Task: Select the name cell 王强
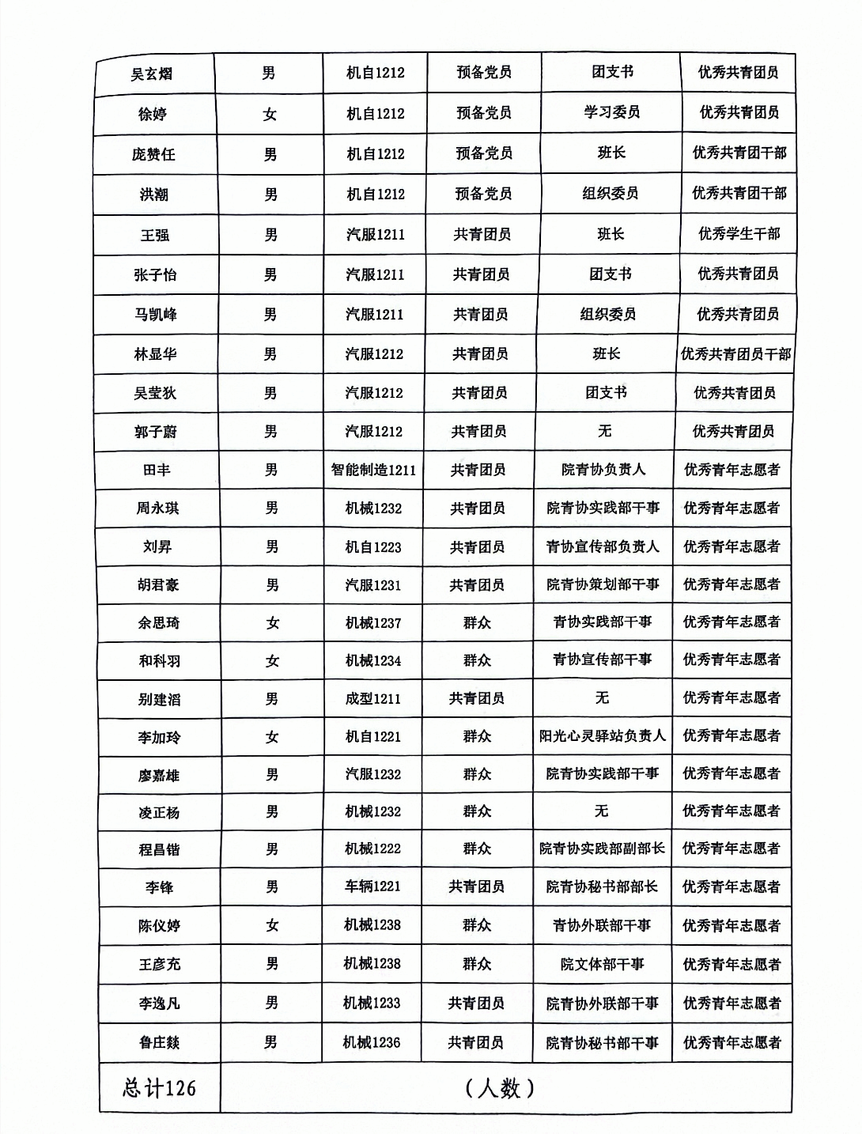coord(155,235)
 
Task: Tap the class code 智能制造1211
coord(373,470)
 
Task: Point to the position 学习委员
coord(611,112)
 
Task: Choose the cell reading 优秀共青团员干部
coord(735,354)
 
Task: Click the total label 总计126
coord(159,1088)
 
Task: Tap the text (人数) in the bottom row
coord(501,1088)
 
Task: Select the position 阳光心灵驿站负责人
coord(603,736)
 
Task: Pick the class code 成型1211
coord(373,699)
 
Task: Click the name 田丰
coord(157,470)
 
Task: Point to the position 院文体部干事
coord(603,964)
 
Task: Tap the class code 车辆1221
coord(372,886)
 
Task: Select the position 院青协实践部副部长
coord(603,849)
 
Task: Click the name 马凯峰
coord(156,315)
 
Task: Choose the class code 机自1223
coord(373,546)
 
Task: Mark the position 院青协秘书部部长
coord(602,886)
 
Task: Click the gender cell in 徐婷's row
coord(270,114)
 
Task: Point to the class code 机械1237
coord(373,623)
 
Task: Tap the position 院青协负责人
coord(603,470)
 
